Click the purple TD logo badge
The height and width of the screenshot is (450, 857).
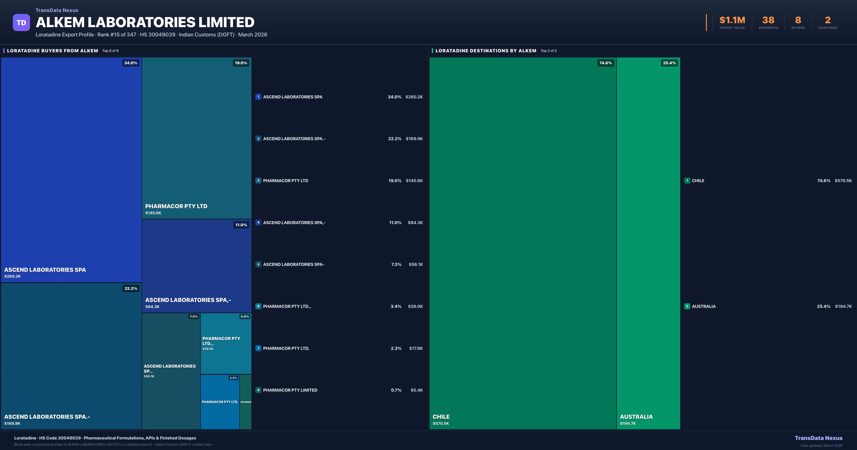click(x=21, y=23)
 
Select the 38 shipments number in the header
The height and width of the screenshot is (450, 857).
click(x=768, y=20)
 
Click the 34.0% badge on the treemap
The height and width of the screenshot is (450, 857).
click(x=131, y=63)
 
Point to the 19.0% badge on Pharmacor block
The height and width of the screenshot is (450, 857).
click(x=241, y=63)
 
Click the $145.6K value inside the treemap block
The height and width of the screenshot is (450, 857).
click(x=153, y=213)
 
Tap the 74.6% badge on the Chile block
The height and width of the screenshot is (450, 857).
click(x=605, y=63)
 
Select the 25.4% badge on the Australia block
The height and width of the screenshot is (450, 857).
click(x=669, y=63)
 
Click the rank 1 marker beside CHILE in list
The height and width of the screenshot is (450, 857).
click(x=687, y=180)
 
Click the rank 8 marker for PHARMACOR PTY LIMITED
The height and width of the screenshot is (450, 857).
click(x=258, y=390)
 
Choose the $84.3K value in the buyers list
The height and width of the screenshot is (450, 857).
click(x=415, y=223)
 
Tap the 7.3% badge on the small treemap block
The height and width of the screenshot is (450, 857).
click(x=194, y=317)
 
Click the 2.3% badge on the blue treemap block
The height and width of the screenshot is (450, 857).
click(x=233, y=378)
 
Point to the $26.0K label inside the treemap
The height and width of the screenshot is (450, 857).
click(x=208, y=349)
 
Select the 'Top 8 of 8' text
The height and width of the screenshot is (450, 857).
click(x=111, y=51)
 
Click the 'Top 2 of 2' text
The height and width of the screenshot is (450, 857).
click(x=549, y=51)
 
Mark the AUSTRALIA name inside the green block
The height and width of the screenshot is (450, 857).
click(x=636, y=417)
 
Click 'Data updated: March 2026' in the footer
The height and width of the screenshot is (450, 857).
click(x=821, y=446)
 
